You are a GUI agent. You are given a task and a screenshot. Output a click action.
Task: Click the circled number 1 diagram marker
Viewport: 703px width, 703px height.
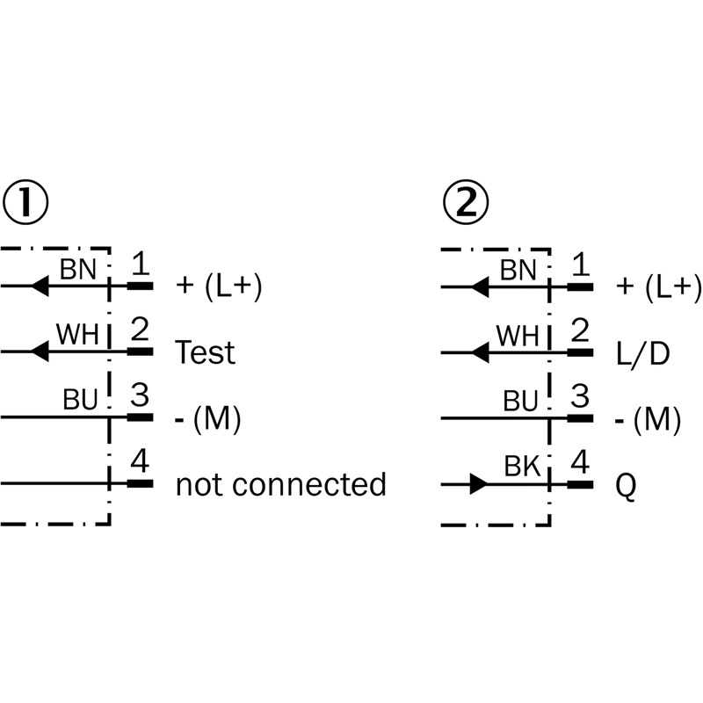[x=25, y=203]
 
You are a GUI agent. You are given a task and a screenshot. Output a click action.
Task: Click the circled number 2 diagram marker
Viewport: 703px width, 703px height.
[x=466, y=204]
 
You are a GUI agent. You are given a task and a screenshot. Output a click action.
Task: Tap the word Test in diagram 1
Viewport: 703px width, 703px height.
[x=205, y=352]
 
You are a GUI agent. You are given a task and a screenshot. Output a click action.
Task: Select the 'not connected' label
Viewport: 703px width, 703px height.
[x=280, y=484]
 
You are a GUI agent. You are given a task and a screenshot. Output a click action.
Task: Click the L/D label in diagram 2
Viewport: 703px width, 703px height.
[x=643, y=354]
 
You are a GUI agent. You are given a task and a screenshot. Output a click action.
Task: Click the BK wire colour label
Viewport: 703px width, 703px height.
[x=522, y=466]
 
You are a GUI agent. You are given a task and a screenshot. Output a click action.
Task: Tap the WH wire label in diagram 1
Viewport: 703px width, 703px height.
[x=77, y=334]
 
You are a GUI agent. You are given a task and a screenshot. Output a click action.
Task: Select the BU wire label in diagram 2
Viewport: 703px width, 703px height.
[x=520, y=401]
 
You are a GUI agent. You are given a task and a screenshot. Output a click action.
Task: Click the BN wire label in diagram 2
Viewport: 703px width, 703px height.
[x=518, y=271]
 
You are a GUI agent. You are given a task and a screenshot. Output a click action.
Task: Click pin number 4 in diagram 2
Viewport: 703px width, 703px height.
[x=580, y=462]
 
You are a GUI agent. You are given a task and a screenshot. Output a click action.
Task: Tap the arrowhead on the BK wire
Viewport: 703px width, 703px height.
[x=478, y=484]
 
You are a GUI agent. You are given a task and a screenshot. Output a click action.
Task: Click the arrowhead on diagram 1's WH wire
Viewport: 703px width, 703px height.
[x=40, y=351]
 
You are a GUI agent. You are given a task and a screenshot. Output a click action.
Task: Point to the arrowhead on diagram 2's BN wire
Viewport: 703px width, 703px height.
[x=480, y=287]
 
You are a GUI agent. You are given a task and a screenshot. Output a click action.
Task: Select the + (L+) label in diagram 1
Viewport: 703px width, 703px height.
[x=219, y=286]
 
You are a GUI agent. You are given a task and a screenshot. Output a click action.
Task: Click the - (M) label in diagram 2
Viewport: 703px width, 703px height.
[x=648, y=420]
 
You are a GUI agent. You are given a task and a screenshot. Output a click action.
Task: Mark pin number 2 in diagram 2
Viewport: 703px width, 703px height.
[x=580, y=330]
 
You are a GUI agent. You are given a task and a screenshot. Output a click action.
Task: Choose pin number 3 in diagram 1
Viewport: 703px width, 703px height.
[x=140, y=395]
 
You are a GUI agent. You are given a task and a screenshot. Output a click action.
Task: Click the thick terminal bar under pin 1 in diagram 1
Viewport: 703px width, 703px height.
[x=141, y=286]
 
